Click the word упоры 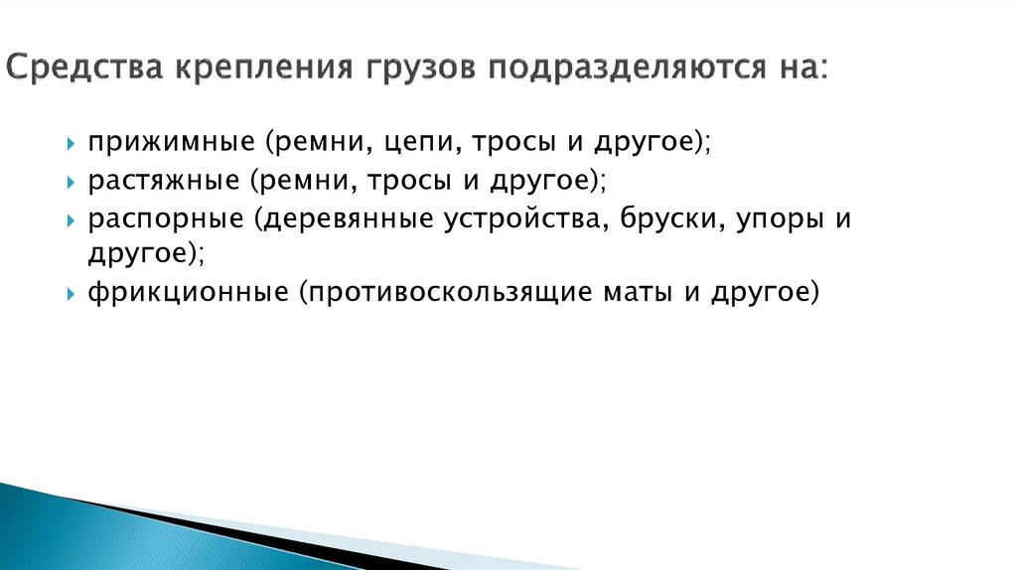(x=777, y=218)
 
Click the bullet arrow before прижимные (x=71, y=144)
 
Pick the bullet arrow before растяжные (x=71, y=182)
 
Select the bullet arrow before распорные (x=71, y=219)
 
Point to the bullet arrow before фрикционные (x=71, y=295)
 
